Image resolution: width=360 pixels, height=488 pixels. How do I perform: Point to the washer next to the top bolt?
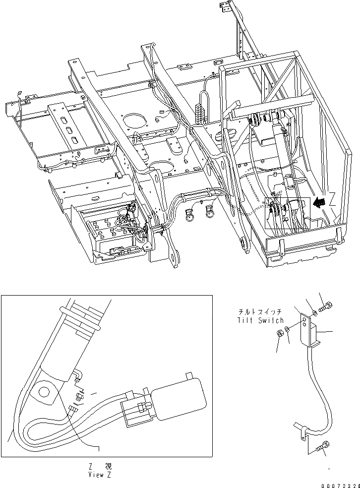point(315,312)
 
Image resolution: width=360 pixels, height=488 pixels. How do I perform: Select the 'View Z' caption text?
point(98,475)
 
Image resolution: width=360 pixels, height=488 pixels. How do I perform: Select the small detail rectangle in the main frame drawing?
point(287,213)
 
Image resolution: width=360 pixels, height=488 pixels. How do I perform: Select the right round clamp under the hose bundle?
point(210,212)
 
